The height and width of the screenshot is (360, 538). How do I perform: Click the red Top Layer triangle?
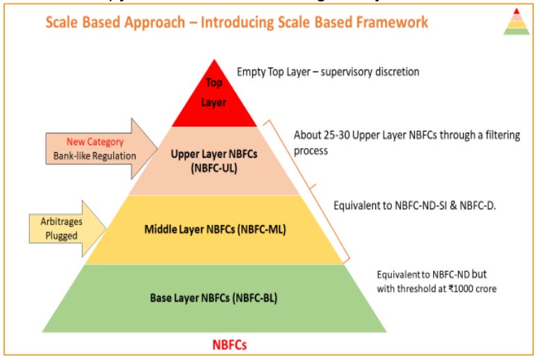pos(213,97)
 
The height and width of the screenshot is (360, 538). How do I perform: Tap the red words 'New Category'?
pos(95,142)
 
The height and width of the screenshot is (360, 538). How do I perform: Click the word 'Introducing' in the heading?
pos(241,22)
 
